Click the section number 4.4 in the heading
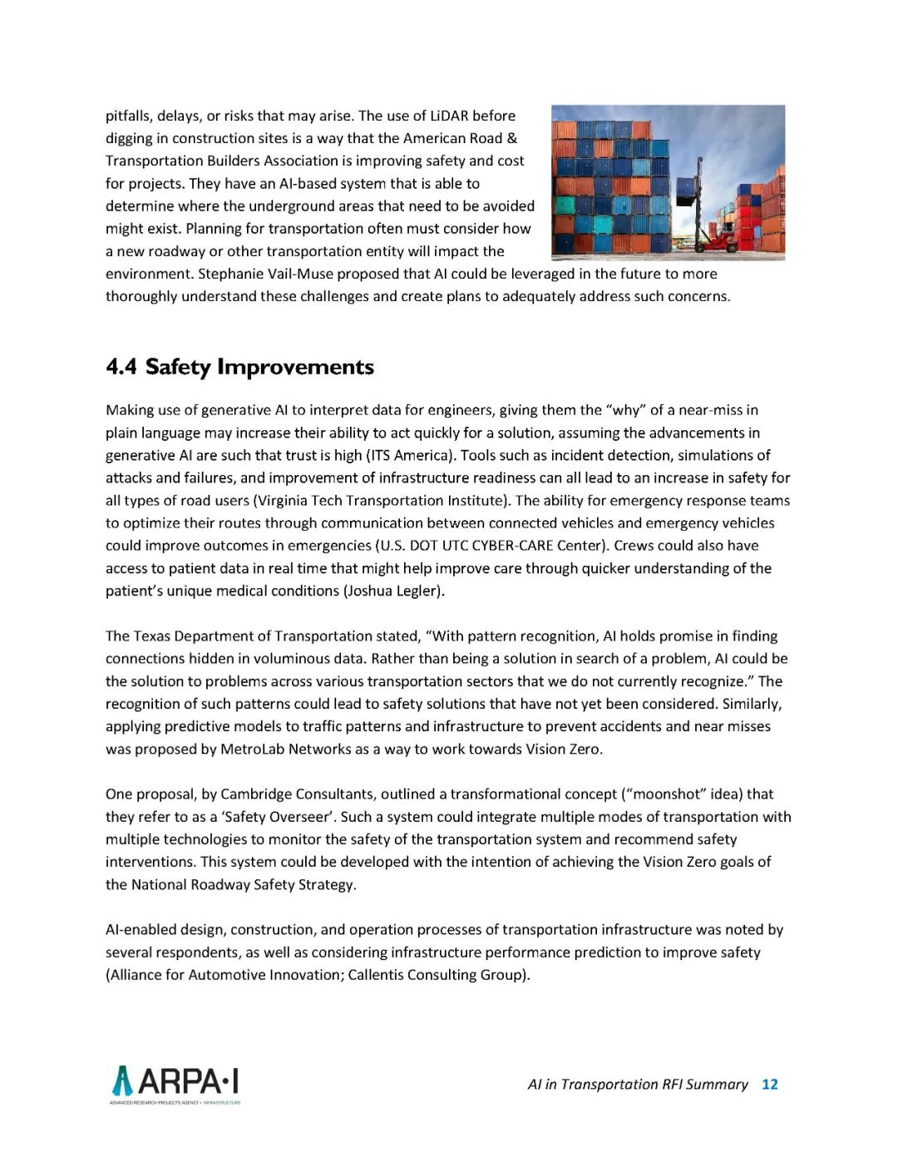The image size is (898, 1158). point(121,367)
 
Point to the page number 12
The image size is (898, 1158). point(770,1084)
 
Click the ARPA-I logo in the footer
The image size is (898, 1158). point(175,1084)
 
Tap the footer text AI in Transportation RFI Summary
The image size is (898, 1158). point(638,1084)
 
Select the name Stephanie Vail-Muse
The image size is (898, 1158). point(271,274)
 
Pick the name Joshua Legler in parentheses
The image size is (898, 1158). point(395,591)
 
